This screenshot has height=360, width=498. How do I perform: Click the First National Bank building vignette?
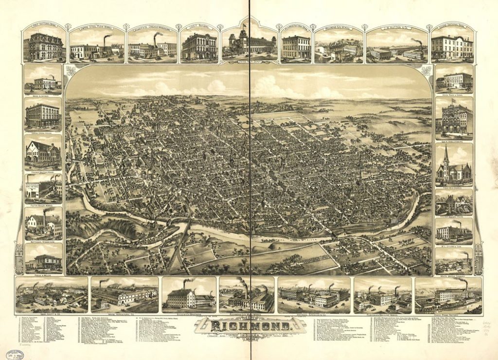coord(44,46)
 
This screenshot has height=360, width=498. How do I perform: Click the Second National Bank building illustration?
coord(452,47)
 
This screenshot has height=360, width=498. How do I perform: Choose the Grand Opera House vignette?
coord(43,115)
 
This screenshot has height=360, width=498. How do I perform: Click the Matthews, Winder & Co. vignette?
coord(43,225)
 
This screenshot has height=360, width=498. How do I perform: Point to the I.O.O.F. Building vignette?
coord(199,47)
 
